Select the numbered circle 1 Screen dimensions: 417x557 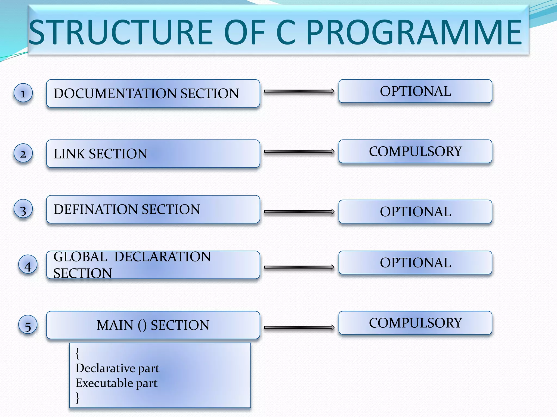(23, 93)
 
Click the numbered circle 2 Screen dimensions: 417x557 (23, 153)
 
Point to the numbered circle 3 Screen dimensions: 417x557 (23, 209)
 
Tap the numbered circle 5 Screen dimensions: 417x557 (28, 325)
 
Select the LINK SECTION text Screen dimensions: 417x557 (100, 154)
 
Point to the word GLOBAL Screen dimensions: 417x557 (80, 257)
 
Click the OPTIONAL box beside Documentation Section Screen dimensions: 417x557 (415, 91)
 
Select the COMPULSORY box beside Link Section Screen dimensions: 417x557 (415, 151)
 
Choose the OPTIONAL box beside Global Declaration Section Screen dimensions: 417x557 (415, 263)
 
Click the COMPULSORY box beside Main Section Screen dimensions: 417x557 (415, 323)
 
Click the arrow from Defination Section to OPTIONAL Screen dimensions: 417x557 (299, 212)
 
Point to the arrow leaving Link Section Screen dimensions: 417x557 (299, 151)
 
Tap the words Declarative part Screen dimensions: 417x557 (117, 368)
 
